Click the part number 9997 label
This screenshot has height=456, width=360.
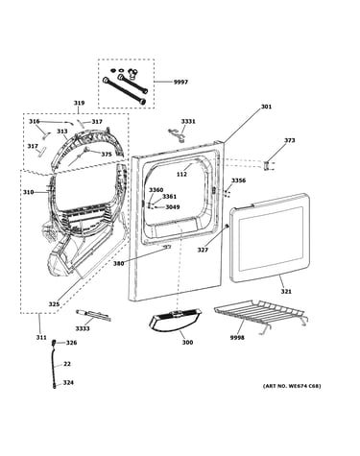point(180,83)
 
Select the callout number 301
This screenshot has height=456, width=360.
point(266,107)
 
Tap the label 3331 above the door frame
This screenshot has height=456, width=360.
point(188,121)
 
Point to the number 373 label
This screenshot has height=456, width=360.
point(290,140)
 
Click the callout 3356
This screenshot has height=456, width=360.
point(239,180)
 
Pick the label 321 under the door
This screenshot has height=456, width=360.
point(286,291)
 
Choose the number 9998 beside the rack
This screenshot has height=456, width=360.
point(237,338)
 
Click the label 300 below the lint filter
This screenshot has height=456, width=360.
point(187,342)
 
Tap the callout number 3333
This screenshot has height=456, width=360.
point(83,328)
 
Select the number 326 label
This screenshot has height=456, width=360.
point(71,343)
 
